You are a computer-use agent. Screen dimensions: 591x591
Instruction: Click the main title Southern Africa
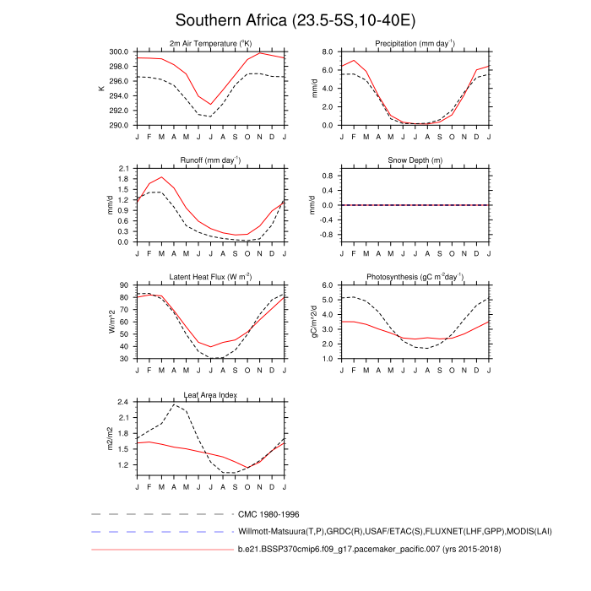point(295,19)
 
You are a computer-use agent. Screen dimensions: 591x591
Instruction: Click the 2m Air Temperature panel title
point(210,43)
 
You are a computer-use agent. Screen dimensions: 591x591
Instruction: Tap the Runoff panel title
point(210,160)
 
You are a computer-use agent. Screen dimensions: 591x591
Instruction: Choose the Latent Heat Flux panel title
point(210,277)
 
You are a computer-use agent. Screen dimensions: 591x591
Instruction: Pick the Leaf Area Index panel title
point(210,394)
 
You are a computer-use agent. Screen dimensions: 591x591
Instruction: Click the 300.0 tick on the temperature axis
point(119,52)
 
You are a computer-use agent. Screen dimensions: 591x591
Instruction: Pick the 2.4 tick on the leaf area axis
point(122,403)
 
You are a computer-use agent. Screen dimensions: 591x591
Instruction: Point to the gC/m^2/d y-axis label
point(315,322)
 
